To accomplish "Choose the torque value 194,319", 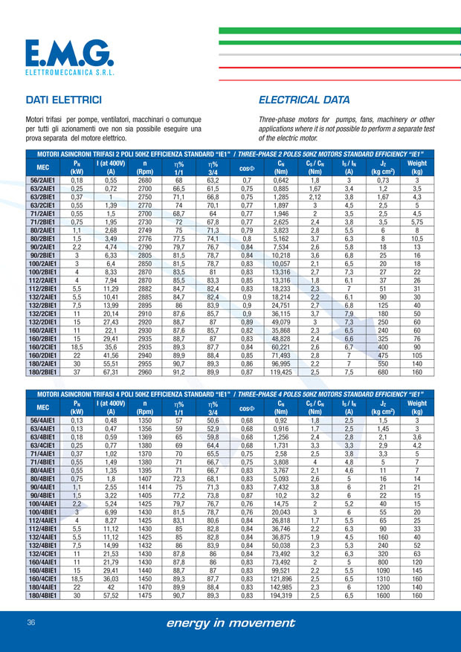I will point(281,575).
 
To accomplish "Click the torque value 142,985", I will point(281,567).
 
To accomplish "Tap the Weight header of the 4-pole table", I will point(417,408).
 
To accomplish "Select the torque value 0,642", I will point(281,180).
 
